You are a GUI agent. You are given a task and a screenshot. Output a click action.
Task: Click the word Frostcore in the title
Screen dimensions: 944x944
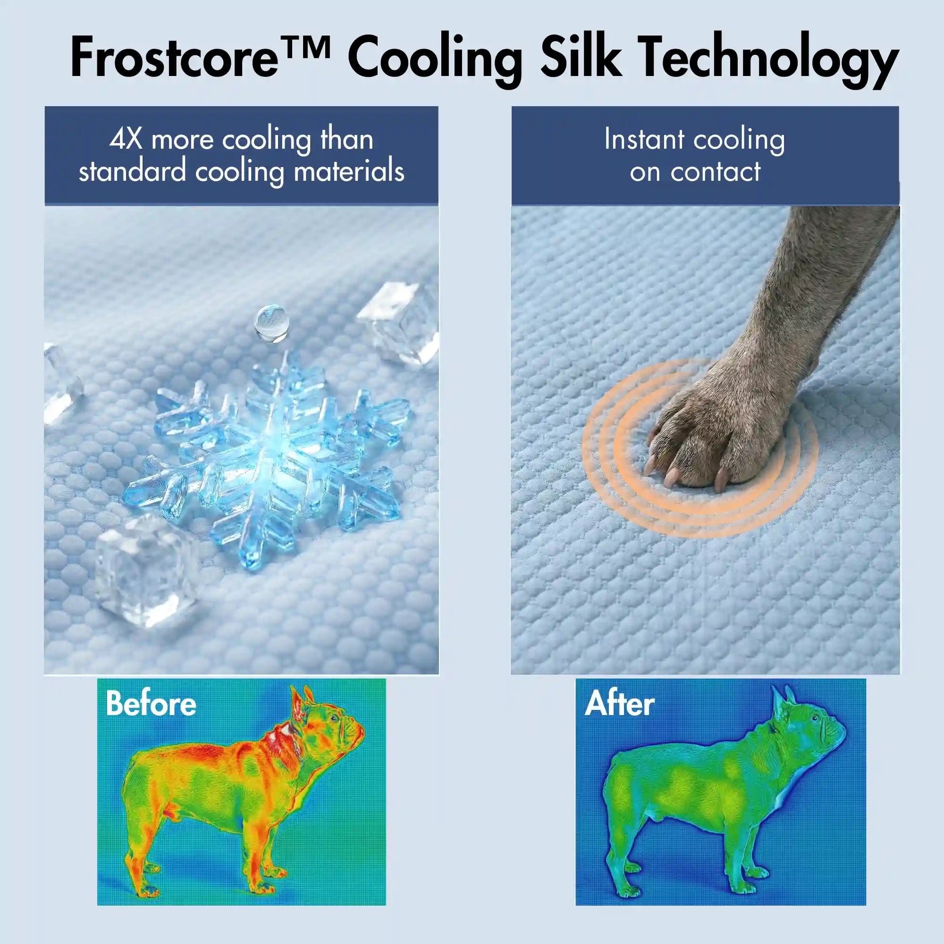click(173, 59)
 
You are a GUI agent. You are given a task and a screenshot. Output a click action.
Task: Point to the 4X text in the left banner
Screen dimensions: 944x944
click(126, 140)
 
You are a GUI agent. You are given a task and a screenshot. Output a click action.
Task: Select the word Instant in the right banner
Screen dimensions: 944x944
click(644, 140)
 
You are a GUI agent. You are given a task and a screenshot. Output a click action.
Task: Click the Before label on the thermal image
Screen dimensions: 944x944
click(151, 704)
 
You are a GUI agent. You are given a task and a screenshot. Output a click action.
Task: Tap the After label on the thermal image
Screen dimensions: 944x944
click(620, 704)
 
